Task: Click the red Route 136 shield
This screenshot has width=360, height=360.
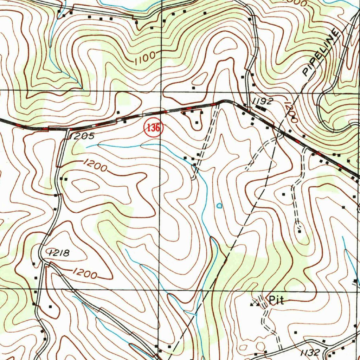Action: click(153, 128)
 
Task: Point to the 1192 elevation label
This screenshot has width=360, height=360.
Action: click(262, 101)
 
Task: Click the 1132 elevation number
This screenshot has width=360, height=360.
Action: click(310, 352)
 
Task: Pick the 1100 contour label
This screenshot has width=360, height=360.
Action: click(144, 57)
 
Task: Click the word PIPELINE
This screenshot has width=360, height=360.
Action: click(321, 53)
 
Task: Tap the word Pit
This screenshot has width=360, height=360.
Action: click(276, 300)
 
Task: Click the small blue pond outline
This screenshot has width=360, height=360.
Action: click(219, 205)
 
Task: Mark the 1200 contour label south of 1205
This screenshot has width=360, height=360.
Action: click(95, 165)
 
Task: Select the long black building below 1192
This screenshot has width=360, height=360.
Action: click(261, 108)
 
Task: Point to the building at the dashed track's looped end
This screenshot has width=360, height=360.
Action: click(299, 231)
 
